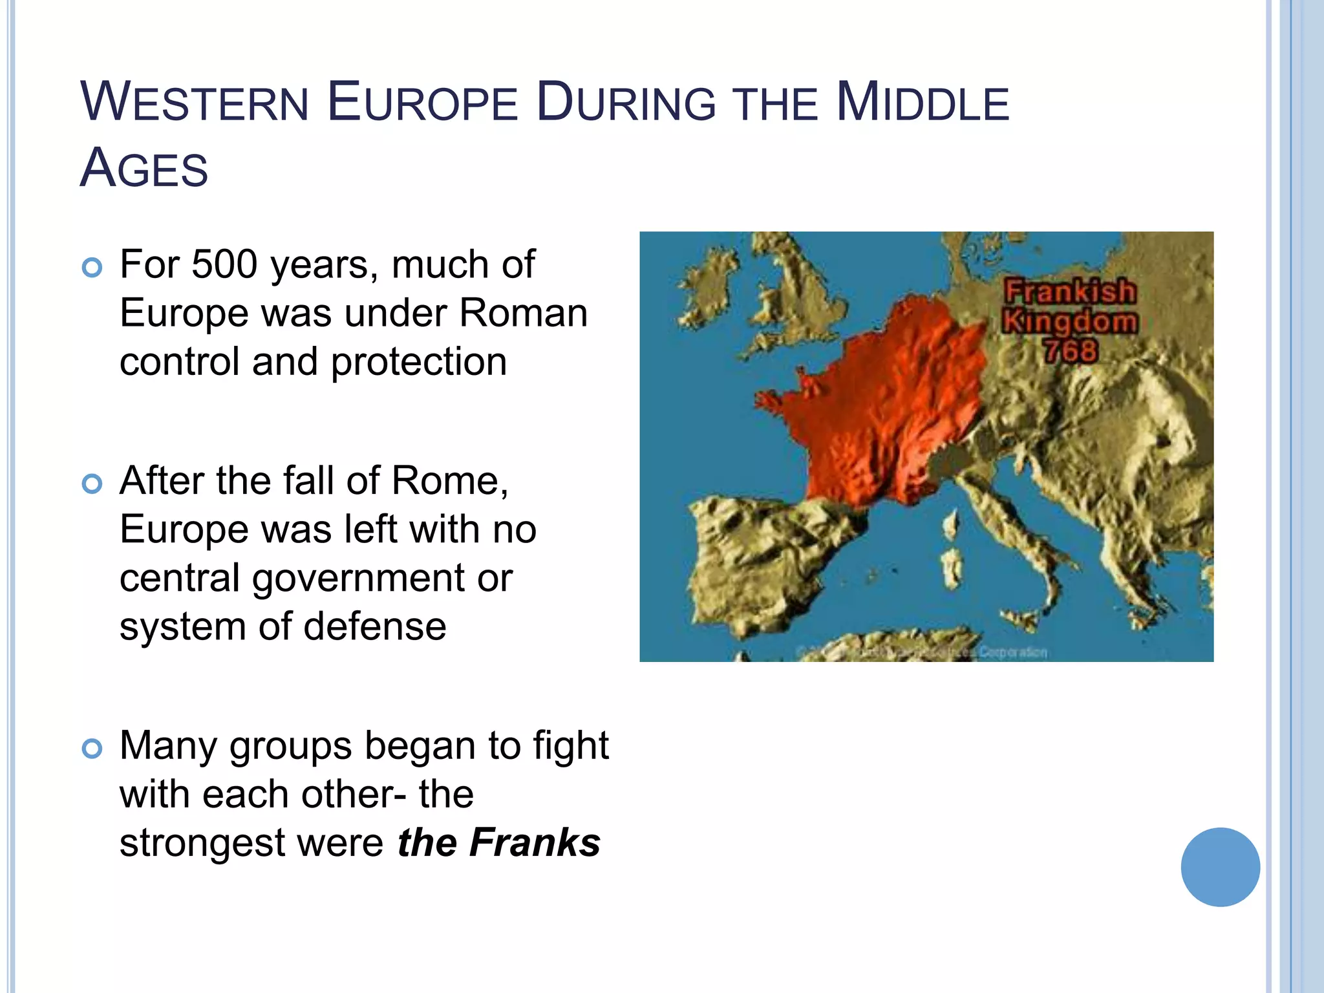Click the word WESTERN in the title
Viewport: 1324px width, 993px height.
(195, 102)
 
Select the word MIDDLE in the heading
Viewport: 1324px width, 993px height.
(923, 102)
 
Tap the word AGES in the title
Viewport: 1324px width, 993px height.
(144, 168)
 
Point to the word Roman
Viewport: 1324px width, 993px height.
(523, 313)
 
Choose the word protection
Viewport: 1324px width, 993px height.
(419, 361)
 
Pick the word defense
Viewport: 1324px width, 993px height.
(375, 626)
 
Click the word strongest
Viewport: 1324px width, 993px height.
(202, 843)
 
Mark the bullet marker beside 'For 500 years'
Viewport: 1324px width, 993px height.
(92, 268)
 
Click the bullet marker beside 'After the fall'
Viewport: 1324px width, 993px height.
(92, 484)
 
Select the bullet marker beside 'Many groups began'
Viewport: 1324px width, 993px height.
(92, 749)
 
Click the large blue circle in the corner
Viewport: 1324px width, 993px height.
(1220, 867)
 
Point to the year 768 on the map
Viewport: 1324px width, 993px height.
(1070, 351)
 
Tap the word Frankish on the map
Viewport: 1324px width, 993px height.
(1070, 292)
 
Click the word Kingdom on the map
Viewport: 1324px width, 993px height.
(1070, 321)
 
